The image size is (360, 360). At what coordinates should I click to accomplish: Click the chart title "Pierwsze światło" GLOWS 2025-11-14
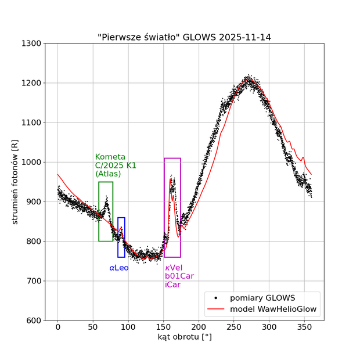[184, 37]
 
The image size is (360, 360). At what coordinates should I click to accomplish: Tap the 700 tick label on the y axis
[31, 281]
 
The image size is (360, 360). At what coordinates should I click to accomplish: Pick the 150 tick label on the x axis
[164, 327]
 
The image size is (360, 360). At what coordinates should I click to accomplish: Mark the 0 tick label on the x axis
[58, 327]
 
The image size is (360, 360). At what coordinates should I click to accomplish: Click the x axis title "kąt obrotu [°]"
[185, 337]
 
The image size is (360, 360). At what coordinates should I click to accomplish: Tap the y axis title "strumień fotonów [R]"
[15, 182]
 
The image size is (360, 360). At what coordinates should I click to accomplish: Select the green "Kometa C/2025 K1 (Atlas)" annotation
[116, 165]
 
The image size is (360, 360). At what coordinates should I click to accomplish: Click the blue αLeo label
[119, 268]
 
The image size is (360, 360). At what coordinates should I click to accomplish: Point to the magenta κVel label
[174, 268]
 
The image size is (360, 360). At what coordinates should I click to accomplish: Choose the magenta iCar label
[172, 285]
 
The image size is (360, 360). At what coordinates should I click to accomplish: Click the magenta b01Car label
[179, 276]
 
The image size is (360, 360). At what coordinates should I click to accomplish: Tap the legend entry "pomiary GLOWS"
[262, 298]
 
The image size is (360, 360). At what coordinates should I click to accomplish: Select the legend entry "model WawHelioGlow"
[273, 309]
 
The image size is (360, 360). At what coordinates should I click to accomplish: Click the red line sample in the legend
[215, 309]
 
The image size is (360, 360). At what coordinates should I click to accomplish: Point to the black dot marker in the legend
[215, 298]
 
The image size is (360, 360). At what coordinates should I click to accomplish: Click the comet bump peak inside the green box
[106, 196]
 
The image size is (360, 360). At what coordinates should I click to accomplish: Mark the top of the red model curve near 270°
[249, 79]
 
